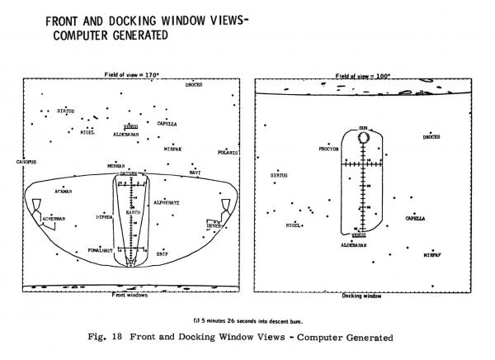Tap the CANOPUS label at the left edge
tap(26, 162)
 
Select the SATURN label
tap(128, 174)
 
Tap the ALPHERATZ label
tap(167, 201)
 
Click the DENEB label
tap(214, 225)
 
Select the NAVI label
tap(195, 173)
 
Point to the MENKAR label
tap(116, 166)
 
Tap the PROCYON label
tap(328, 149)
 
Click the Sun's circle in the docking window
tap(362, 137)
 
